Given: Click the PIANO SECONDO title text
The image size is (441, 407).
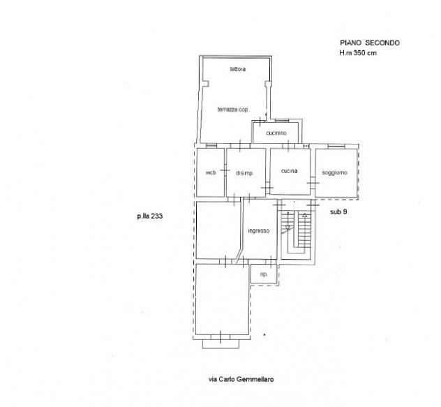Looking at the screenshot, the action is pos(370,43).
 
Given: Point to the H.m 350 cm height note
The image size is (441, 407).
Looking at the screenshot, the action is pos(358,52).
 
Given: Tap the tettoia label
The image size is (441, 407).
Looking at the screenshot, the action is pos(238,69).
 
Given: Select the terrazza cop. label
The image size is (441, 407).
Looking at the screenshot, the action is pos(232,110).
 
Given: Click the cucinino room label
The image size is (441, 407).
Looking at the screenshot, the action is pos(276,133).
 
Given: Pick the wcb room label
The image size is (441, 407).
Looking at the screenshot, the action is pos(211,172).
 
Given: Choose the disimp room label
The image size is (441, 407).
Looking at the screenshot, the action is pos(244,173).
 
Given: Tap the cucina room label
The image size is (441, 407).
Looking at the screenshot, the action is pos(289,171).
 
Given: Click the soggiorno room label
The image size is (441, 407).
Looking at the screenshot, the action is pos(334,172).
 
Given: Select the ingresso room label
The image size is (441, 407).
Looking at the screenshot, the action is pos(259,231).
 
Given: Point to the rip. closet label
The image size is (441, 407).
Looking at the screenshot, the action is pos(264,274).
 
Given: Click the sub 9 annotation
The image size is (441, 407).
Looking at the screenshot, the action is pos(338,212).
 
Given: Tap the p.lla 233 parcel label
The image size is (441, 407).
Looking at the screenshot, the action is pos(150,216).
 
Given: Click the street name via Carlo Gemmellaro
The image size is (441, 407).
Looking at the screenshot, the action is pos(241,379).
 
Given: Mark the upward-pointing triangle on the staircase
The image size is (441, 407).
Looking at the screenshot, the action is pos(305,216).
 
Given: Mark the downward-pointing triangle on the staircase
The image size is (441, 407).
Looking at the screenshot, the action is pos(287,228).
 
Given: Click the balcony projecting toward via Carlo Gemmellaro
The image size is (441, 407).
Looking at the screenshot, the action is pos(221,344).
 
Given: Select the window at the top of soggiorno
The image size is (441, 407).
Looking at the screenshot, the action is pos(336,145).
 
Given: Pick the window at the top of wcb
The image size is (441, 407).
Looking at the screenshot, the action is pos(211,145).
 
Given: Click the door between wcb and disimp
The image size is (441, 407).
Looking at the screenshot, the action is pos(225,170).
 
